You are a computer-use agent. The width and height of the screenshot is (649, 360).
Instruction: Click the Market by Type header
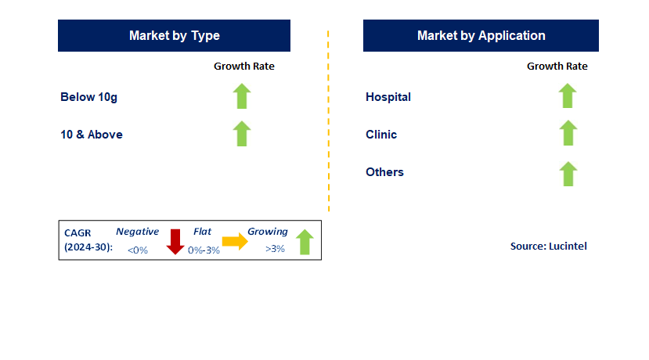174,35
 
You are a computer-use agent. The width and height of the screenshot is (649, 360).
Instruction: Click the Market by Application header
481,35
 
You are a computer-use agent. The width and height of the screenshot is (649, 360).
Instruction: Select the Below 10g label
88,97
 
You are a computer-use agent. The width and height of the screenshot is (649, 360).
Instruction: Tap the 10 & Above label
92,135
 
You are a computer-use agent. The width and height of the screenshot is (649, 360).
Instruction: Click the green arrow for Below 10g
242,96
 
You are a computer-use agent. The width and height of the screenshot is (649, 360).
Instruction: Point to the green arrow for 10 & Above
242,134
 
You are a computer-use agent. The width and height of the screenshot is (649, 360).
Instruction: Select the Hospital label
388,97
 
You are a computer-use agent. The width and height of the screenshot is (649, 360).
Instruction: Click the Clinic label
381,135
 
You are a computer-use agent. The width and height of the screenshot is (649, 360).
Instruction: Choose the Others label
384,171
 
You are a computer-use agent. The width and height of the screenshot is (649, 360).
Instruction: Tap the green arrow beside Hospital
568,95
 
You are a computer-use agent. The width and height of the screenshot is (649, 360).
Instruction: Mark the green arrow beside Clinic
568,133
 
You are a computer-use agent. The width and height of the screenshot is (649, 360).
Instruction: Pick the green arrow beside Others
568,174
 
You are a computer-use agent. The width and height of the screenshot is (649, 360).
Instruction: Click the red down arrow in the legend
175,242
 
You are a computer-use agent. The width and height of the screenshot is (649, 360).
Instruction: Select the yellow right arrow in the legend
235,241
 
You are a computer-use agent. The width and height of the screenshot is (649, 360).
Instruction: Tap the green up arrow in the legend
305,242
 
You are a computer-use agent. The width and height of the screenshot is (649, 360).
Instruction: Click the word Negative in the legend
138,232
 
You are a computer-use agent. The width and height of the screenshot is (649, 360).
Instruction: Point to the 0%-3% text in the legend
204,250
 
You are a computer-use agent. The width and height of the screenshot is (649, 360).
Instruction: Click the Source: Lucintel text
549,247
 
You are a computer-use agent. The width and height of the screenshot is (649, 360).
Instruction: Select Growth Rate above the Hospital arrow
557,67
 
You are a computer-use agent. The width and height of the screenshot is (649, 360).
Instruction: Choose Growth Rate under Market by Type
244,67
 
